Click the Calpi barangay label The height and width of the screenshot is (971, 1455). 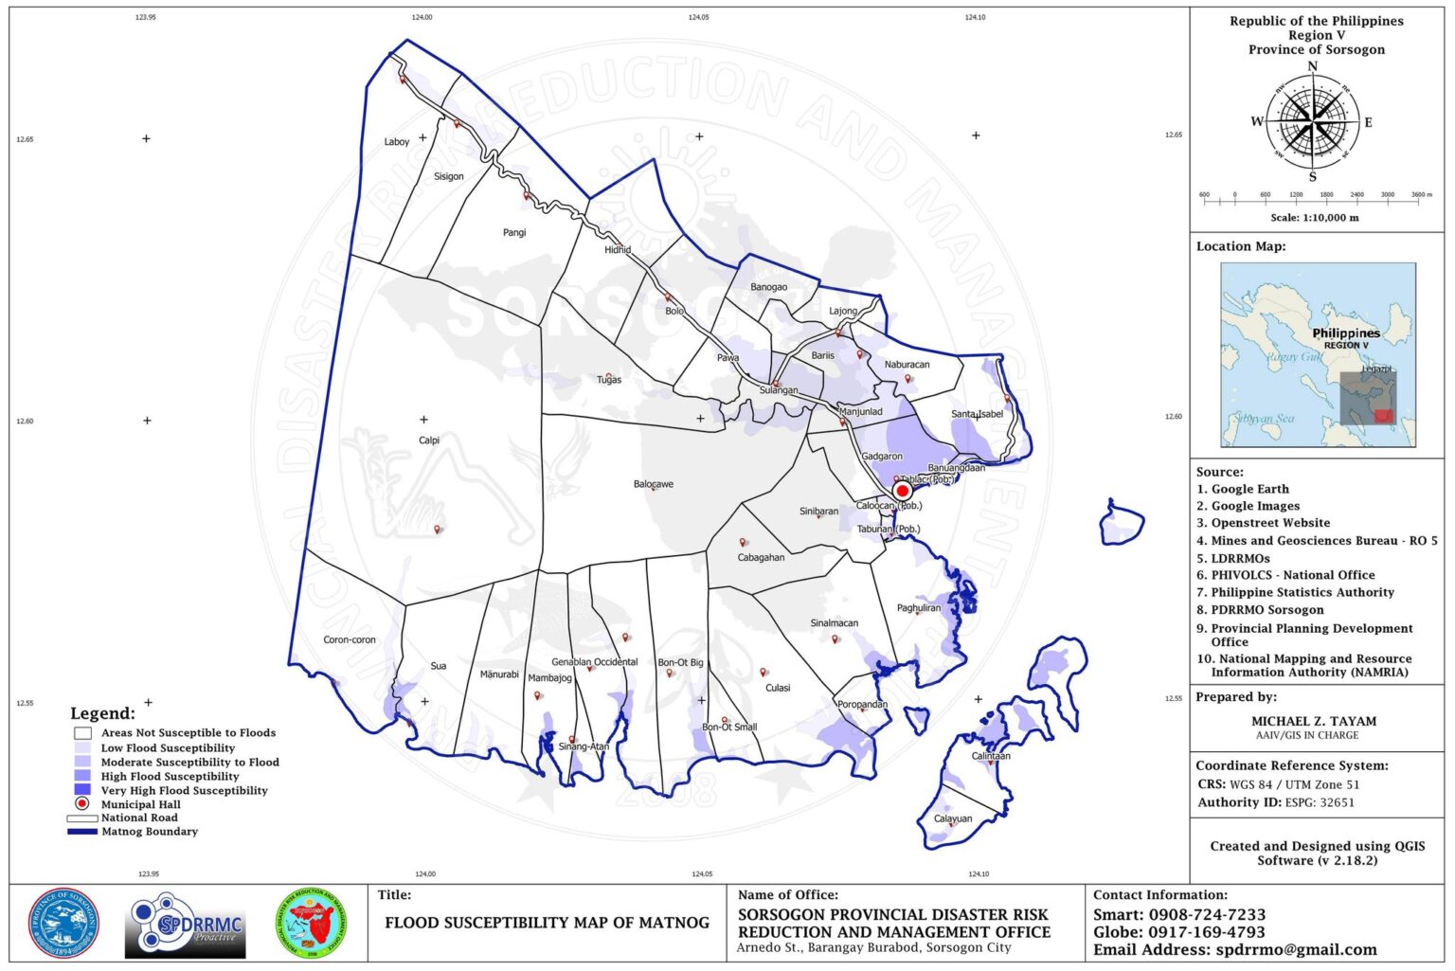[429, 441]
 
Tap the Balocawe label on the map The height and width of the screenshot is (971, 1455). [654, 484]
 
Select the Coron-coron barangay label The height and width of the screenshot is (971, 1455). [350, 640]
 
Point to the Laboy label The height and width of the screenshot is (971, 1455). [397, 142]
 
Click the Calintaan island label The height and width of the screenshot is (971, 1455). [991, 756]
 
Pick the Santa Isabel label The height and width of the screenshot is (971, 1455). [977, 414]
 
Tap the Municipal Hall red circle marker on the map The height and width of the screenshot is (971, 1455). [902, 491]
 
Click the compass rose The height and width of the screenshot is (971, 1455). [1312, 122]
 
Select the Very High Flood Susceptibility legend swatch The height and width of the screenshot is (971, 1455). [82, 790]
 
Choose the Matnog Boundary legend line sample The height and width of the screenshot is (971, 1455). [82, 832]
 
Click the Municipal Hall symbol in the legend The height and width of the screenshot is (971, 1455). [82, 804]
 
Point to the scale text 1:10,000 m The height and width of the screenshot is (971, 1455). [1314, 218]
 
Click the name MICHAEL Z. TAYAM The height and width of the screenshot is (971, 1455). [1313, 721]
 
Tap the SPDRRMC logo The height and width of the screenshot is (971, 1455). [186, 925]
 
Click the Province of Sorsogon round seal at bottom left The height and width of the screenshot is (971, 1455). [64, 924]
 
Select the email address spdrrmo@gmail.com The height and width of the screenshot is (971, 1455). [1296, 950]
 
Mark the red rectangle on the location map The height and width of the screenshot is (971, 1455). [1384, 415]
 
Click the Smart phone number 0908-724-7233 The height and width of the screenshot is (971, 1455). [1207, 915]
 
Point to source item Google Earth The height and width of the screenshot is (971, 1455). [1249, 489]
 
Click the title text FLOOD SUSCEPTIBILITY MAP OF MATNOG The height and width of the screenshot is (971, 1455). [547, 923]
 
